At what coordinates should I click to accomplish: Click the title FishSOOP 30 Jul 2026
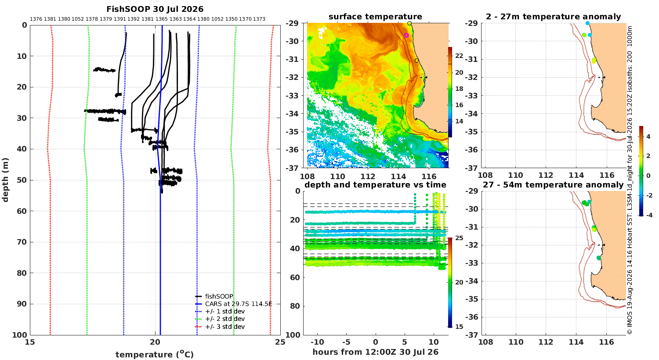pyautogui.click(x=155, y=9)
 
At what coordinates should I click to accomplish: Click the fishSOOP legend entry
pyautogui.click(x=214, y=296)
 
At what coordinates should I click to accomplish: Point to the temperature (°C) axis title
pyautogui.click(x=155, y=354)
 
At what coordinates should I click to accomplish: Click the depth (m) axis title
pyautogui.click(x=5, y=180)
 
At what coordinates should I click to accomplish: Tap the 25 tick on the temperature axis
pyautogui.click(x=280, y=342)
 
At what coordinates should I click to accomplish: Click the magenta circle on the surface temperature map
pyautogui.click(x=406, y=35)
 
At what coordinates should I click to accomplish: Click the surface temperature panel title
pyautogui.click(x=375, y=16)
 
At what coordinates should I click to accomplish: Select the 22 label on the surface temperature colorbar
pyautogui.click(x=459, y=56)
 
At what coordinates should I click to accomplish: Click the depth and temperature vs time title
pyautogui.click(x=375, y=184)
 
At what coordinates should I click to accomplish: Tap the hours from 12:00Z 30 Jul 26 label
pyautogui.click(x=375, y=352)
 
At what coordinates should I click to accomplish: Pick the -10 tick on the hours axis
pyautogui.click(x=317, y=342)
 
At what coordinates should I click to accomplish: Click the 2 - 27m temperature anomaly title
pyautogui.click(x=554, y=16)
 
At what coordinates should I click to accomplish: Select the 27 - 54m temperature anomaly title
pyautogui.click(x=553, y=184)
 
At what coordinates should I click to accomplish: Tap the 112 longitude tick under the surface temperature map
pyautogui.click(x=368, y=176)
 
